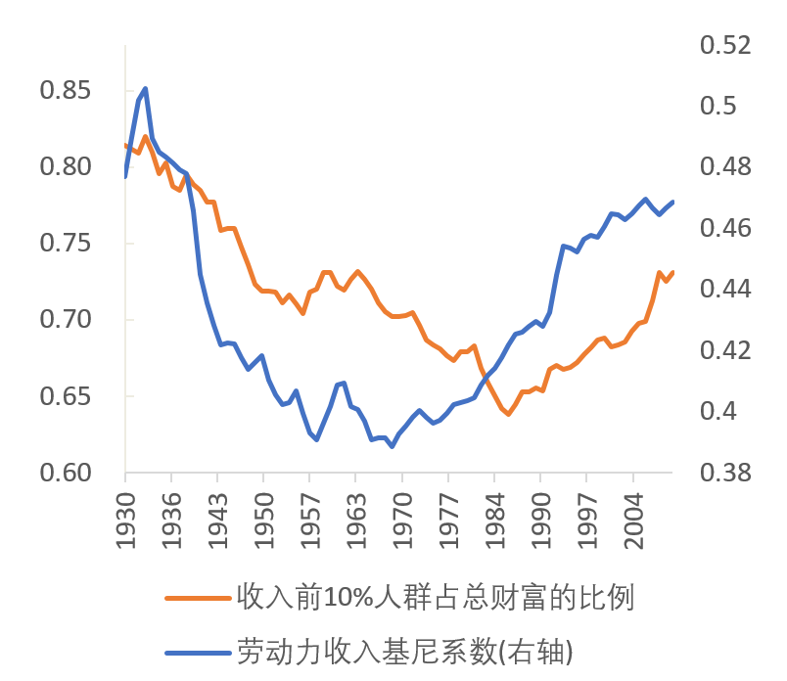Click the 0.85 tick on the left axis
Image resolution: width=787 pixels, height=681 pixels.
[x=65, y=91]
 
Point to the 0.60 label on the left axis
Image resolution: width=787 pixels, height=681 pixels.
[x=65, y=473]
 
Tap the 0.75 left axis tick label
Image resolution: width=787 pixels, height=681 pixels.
[x=65, y=244]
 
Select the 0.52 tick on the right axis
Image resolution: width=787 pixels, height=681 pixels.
[x=724, y=46]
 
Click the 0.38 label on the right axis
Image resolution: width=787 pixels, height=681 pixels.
[x=724, y=473]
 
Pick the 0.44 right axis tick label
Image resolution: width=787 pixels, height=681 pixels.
[x=724, y=290]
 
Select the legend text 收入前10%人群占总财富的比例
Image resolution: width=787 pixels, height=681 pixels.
[x=436, y=597]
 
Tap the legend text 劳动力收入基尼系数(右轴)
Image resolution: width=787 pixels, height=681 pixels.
[x=404, y=650]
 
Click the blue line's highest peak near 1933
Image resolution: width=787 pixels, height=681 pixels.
[x=146, y=88]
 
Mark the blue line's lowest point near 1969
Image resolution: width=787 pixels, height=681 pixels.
[x=392, y=446]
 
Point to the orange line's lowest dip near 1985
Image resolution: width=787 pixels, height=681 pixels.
[x=507, y=414]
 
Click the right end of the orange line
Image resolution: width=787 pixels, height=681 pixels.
[x=672, y=272]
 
